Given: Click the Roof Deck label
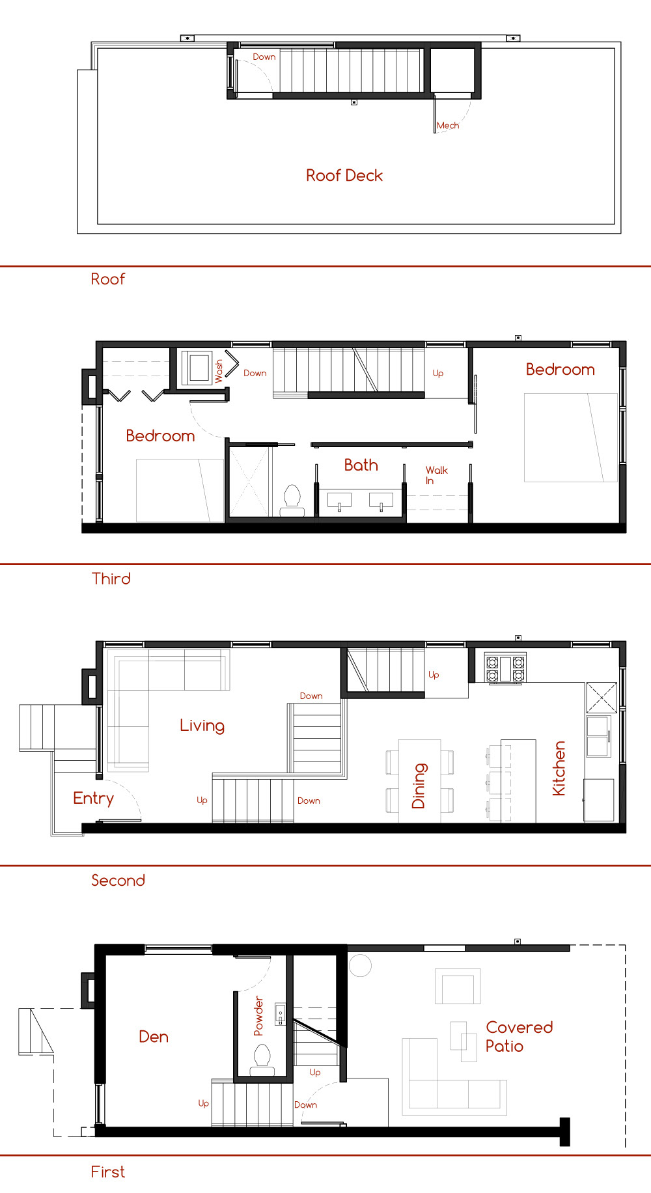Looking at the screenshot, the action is [x=344, y=176].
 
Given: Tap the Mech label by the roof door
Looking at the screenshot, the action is [x=448, y=126].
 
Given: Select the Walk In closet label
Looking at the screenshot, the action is [x=436, y=475].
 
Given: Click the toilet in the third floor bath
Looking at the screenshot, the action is [x=292, y=500].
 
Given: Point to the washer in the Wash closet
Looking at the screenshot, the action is [x=199, y=368].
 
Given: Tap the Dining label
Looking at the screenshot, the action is [x=419, y=786].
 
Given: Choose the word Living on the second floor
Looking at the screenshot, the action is [x=202, y=726].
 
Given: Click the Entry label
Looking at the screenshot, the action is [x=93, y=799].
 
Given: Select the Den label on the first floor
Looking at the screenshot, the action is [x=154, y=1037].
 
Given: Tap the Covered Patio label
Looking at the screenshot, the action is [x=519, y=1037].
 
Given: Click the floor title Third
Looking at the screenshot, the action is [x=111, y=579].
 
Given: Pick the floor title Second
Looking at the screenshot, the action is [x=118, y=881].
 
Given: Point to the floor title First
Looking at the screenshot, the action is [x=107, y=1172].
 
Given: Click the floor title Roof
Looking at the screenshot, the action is [x=107, y=279].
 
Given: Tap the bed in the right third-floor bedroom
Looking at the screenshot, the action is [x=571, y=437].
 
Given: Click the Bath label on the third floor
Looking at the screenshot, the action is [x=361, y=465].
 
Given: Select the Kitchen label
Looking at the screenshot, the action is [x=559, y=769].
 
